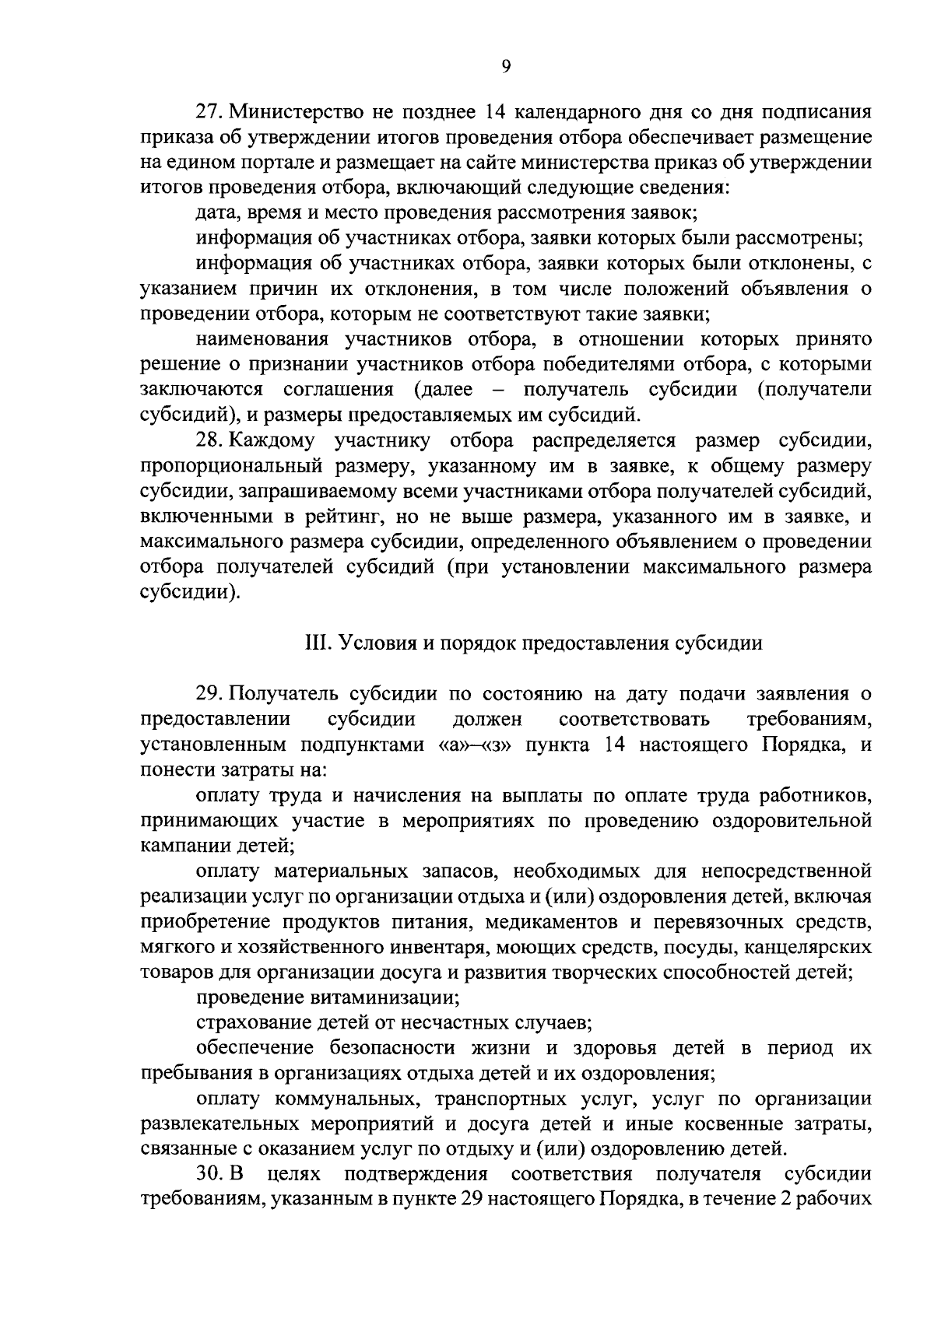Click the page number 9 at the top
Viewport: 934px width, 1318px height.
[x=505, y=67]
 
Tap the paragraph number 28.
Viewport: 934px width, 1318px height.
[x=207, y=441]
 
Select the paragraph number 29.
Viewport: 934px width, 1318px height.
[x=207, y=692]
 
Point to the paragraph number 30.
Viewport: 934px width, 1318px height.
[x=208, y=1173]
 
